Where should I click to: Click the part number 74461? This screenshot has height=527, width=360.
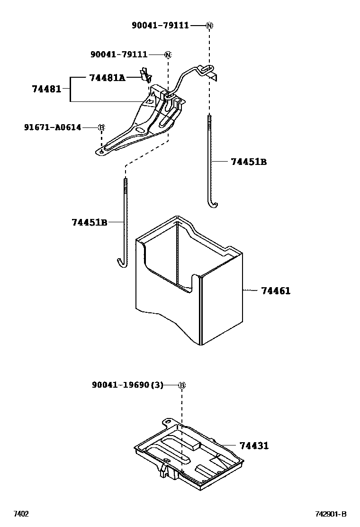pyautogui.click(x=276, y=291)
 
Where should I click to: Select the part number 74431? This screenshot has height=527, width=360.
pyautogui.click(x=254, y=445)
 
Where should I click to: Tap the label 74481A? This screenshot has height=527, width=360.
pyautogui.click(x=107, y=78)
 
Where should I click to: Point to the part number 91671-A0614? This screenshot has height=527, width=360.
pyautogui.click(x=53, y=127)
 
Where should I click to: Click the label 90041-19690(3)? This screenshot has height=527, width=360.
pyautogui.click(x=127, y=385)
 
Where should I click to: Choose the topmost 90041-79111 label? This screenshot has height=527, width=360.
pyautogui.click(x=160, y=25)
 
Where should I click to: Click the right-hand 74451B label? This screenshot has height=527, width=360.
pyautogui.click(x=249, y=162)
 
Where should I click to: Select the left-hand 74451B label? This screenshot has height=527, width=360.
pyautogui.click(x=90, y=222)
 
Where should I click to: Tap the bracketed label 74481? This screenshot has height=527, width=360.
pyautogui.click(x=46, y=89)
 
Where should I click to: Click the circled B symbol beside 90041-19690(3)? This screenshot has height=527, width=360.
pyautogui.click(x=181, y=385)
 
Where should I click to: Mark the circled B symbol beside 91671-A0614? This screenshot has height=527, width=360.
pyautogui.click(x=101, y=127)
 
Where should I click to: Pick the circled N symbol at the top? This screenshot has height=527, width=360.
pyautogui.click(x=209, y=25)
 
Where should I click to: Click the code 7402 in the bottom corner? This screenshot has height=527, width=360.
pyautogui.click(x=20, y=514)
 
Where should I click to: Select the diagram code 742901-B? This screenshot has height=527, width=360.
pyautogui.click(x=331, y=514)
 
